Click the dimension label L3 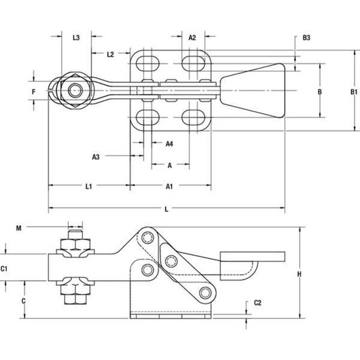76,38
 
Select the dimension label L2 110,54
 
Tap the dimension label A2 192,37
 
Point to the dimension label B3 307,38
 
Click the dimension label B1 353,92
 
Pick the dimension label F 35,92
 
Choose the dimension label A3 96,157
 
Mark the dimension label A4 170,143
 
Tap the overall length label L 167,209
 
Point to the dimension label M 20,228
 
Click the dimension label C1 4,268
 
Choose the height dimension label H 300,274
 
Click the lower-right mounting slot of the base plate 193,117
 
